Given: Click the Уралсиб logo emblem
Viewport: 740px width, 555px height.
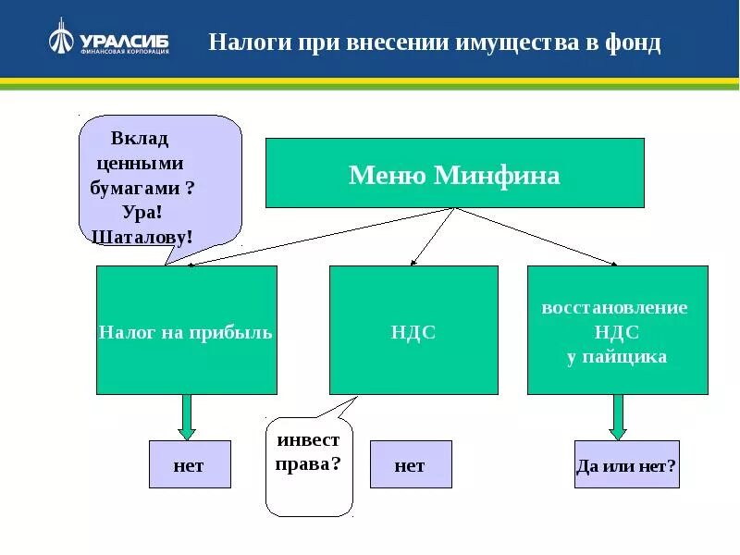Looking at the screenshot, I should [x=60, y=39].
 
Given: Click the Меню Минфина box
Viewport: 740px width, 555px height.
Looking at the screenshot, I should [x=454, y=173].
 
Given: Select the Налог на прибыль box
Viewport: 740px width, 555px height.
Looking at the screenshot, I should [x=186, y=330].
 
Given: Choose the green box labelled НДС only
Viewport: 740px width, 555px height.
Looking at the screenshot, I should [x=413, y=330].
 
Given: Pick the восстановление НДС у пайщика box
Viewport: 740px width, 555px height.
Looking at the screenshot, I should [x=617, y=330].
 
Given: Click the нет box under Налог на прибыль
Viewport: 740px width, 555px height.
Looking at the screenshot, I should [x=190, y=464].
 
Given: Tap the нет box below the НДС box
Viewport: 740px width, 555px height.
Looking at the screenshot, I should [x=410, y=464].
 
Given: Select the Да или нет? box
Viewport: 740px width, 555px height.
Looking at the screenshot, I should [x=626, y=464].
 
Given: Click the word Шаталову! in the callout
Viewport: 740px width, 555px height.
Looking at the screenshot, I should [x=143, y=236].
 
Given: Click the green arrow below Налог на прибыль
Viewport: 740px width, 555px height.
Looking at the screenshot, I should [x=187, y=416].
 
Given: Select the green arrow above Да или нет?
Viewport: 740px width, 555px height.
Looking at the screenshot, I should [x=618, y=416].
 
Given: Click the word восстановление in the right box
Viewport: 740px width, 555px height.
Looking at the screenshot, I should [x=614, y=308].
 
